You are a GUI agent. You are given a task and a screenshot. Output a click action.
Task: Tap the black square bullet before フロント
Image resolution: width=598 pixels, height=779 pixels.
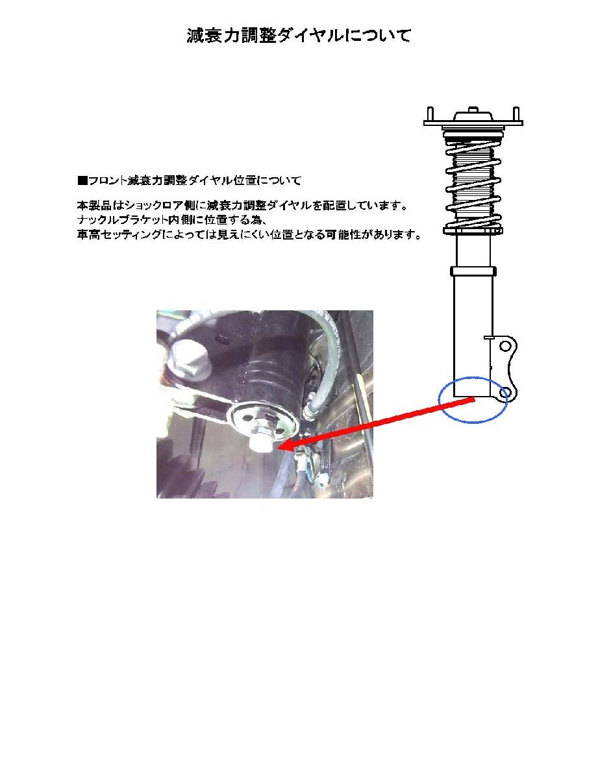(x=82, y=179)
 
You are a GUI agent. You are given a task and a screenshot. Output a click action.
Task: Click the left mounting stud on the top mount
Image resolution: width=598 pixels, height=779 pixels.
(x=429, y=114)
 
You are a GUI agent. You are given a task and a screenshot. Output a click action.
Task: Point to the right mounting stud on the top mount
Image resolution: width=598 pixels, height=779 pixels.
(x=517, y=114)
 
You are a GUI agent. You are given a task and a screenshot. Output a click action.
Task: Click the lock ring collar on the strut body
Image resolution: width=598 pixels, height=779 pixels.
(x=473, y=271)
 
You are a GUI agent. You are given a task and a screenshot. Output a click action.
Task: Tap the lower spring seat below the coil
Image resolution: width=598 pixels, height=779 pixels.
(x=473, y=229)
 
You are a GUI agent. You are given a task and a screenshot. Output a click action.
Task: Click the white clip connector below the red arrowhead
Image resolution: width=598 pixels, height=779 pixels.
(x=303, y=461)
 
